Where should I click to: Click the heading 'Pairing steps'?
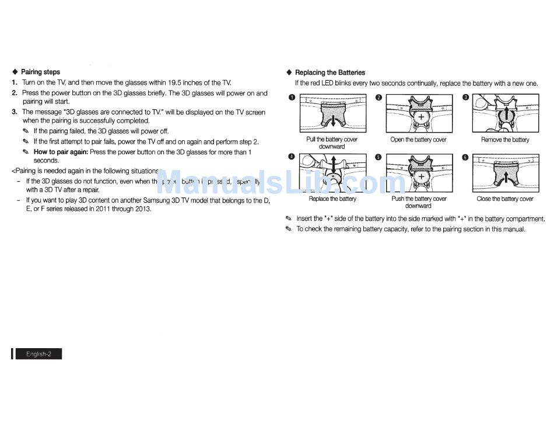click(x=40, y=72)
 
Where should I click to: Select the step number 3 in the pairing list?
click(x=15, y=112)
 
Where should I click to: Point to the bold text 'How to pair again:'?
click(x=61, y=152)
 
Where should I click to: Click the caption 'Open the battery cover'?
click(x=418, y=140)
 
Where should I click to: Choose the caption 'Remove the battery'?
click(x=505, y=140)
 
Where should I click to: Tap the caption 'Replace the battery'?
click(x=332, y=199)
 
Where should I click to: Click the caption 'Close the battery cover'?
click(x=505, y=199)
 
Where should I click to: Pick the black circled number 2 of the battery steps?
click(x=378, y=97)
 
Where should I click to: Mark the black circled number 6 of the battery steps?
click(x=465, y=157)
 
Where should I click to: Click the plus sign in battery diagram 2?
click(x=420, y=117)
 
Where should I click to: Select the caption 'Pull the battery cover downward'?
click(x=332, y=143)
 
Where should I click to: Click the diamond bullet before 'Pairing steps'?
click(x=15, y=72)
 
